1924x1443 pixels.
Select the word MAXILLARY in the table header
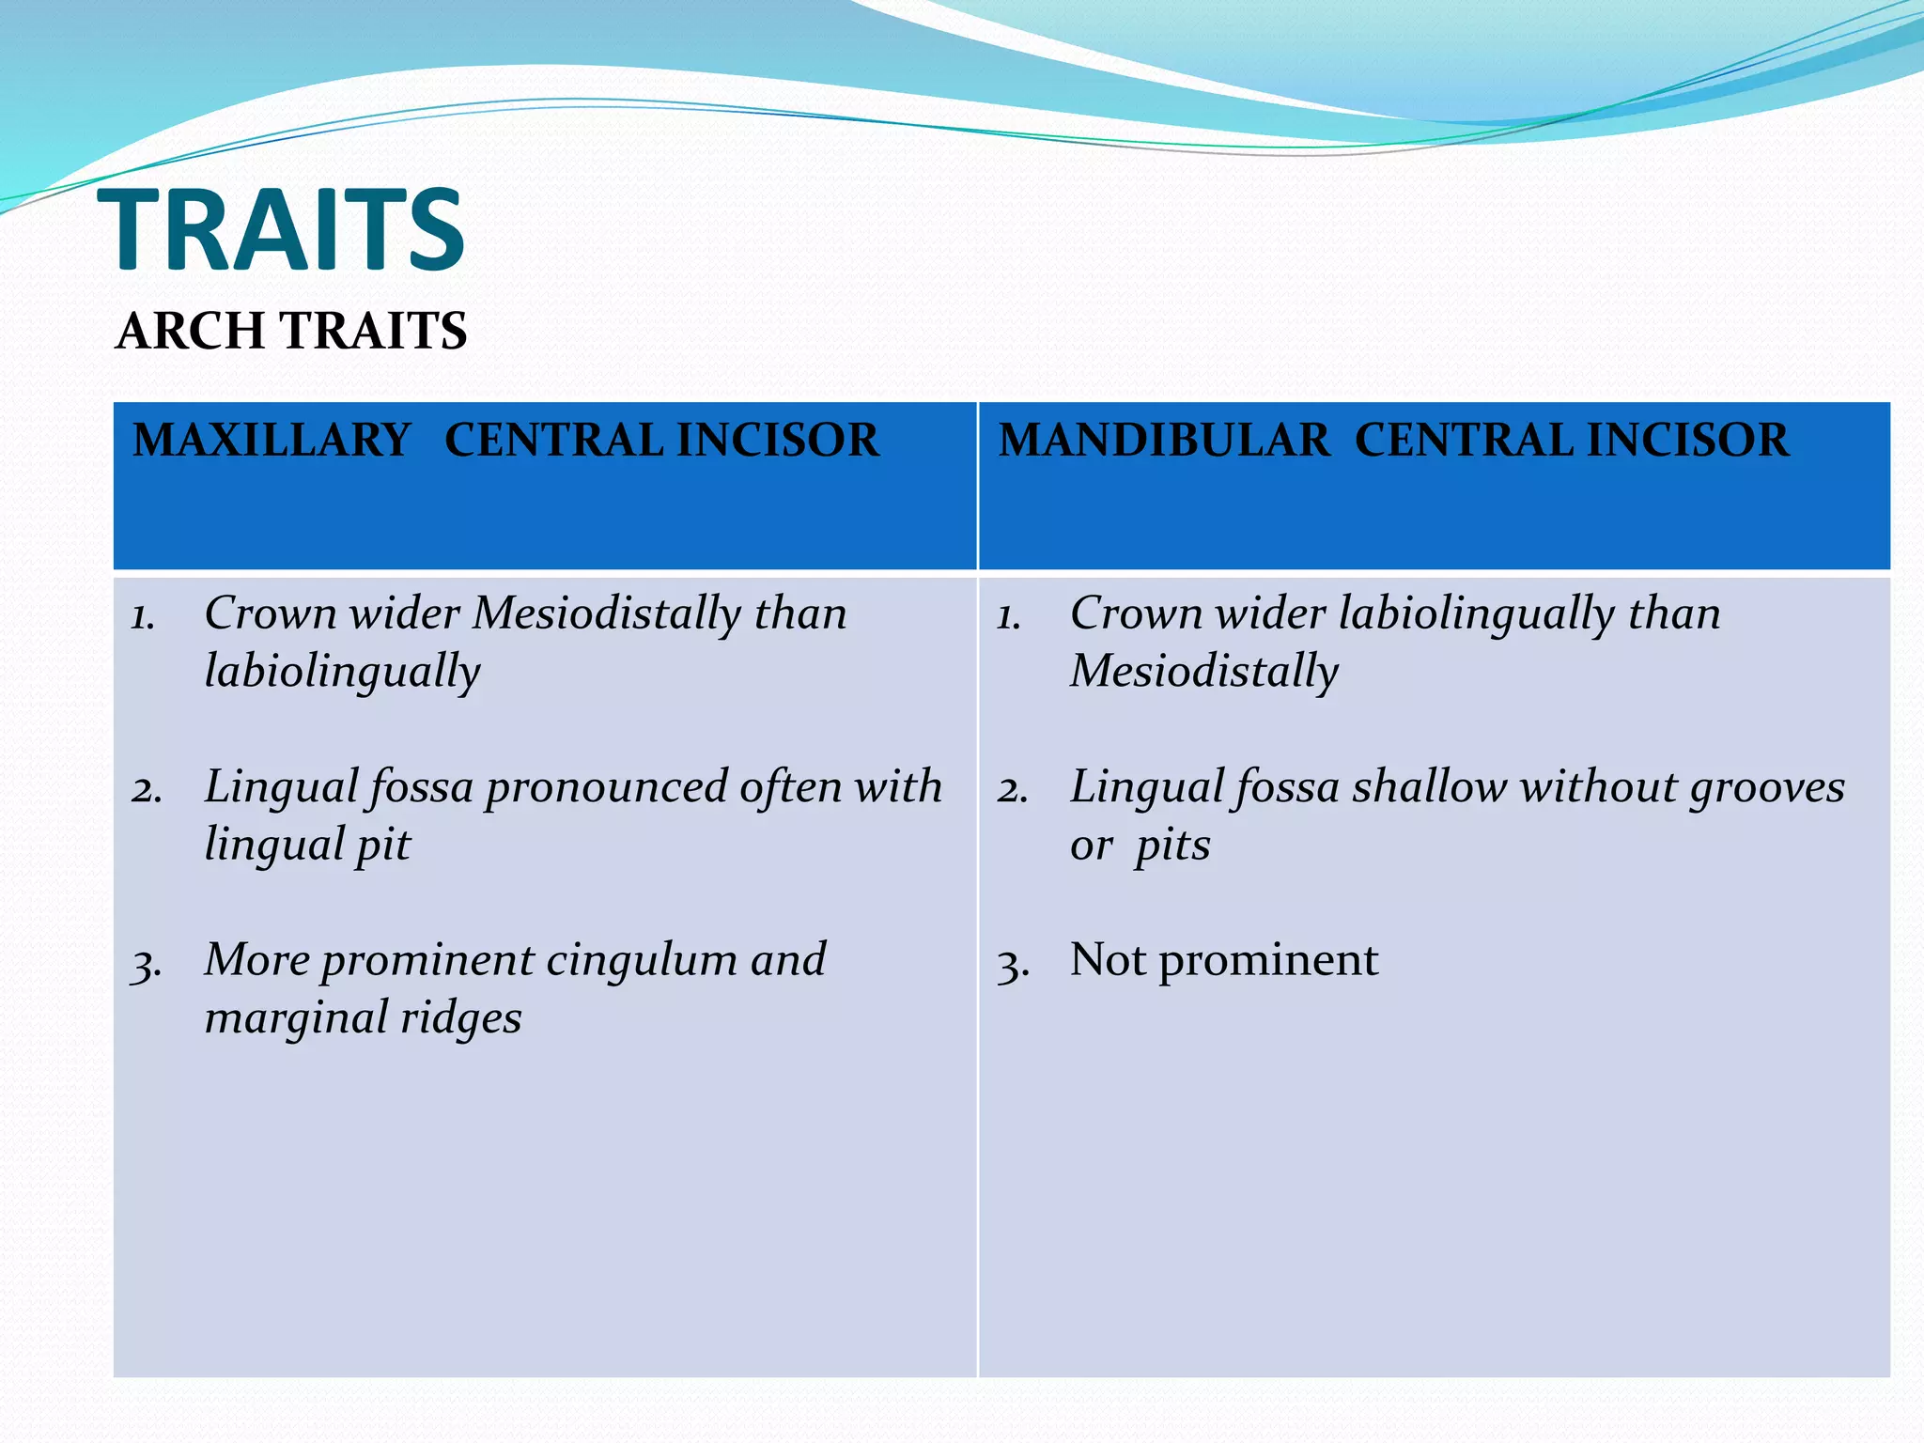pyautogui.click(x=272, y=441)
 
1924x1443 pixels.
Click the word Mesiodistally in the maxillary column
pyautogui.click(x=607, y=613)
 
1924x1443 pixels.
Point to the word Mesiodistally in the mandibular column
pyautogui.click(x=1203, y=672)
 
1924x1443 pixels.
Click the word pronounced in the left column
pyautogui.click(x=606, y=787)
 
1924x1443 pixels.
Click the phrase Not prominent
pyautogui.click(x=1223, y=960)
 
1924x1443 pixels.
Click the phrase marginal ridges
pyautogui.click(x=363, y=1018)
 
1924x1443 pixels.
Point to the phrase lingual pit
pyautogui.click(x=307, y=845)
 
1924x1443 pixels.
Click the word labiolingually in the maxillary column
pyautogui.click(x=342, y=672)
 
